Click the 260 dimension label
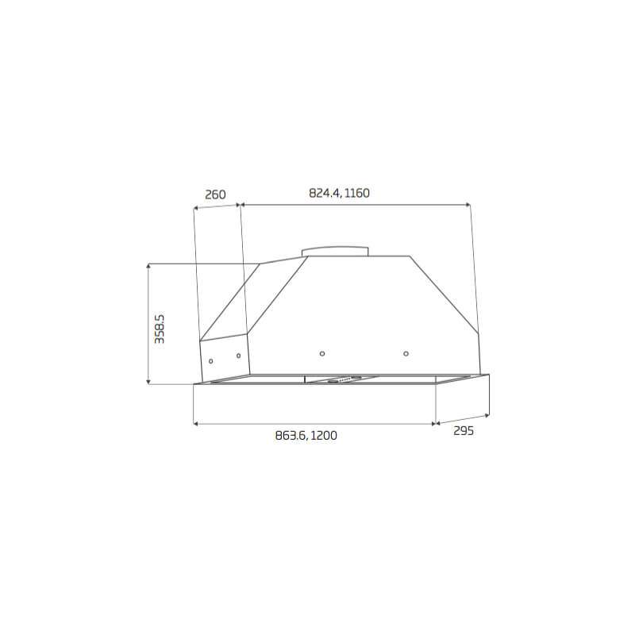click(215, 194)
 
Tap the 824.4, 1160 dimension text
click(339, 193)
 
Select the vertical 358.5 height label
click(160, 329)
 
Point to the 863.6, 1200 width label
click(306, 436)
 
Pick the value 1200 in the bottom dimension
click(324, 436)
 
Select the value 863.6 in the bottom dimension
click(290, 436)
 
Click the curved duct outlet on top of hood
click(335, 250)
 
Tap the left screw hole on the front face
click(321, 353)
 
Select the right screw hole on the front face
click(406, 353)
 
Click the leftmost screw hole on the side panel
click(210, 362)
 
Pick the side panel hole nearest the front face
click(238, 356)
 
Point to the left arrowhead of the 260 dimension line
click(196, 209)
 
